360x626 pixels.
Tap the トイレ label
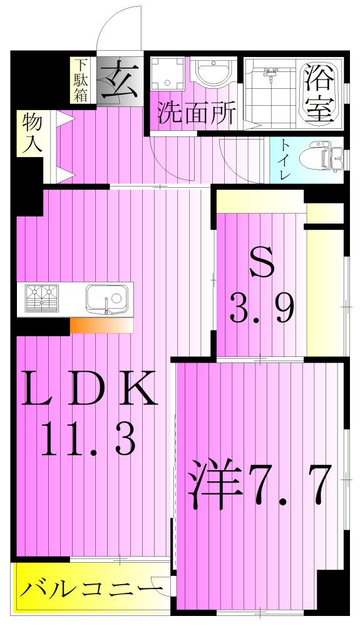[284, 160]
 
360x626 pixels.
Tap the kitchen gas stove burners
[42, 298]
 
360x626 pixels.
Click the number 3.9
[262, 308]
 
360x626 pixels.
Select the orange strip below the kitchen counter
[101, 326]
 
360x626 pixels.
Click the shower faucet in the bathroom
[270, 76]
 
